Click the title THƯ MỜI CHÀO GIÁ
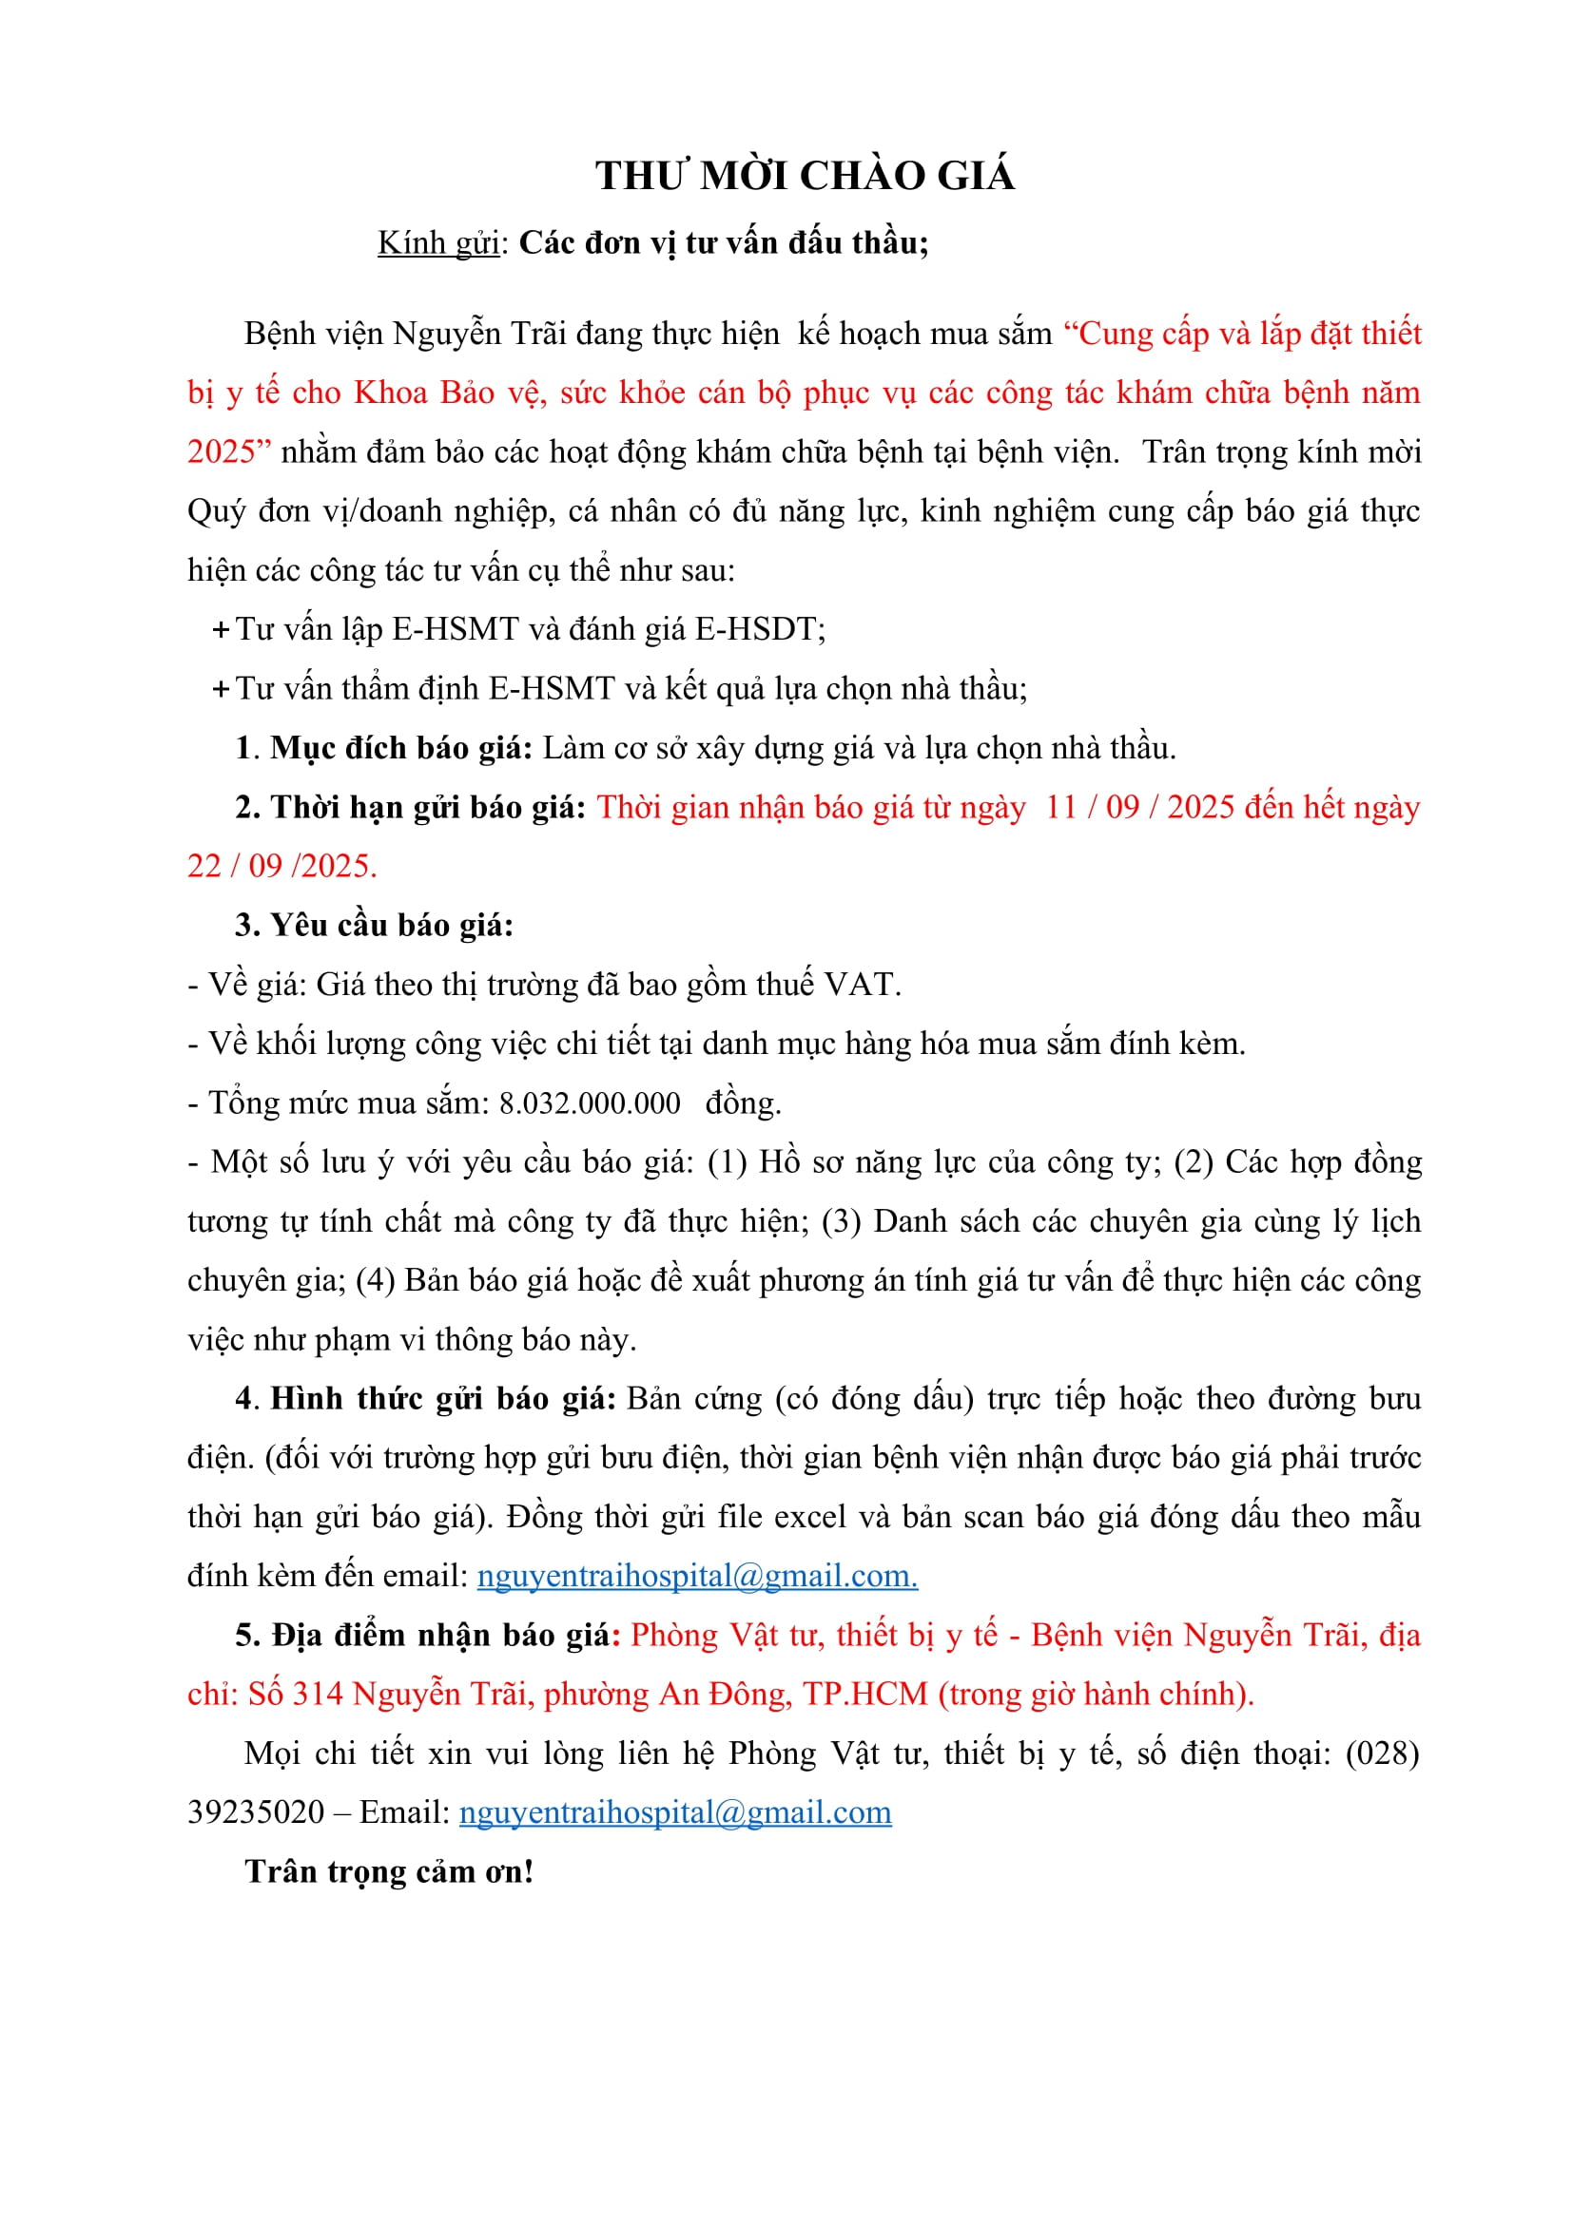click(804, 176)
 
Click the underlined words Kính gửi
click(437, 243)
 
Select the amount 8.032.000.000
click(589, 1103)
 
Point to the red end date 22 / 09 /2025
click(282, 867)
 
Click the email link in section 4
click(696, 1576)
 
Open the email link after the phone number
click(674, 1812)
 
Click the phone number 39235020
click(256, 1812)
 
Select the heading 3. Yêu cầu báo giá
click(374, 926)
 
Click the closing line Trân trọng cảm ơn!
click(389, 1871)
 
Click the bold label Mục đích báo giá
click(401, 748)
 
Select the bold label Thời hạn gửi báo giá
click(427, 808)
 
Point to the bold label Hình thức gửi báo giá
click(442, 1399)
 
